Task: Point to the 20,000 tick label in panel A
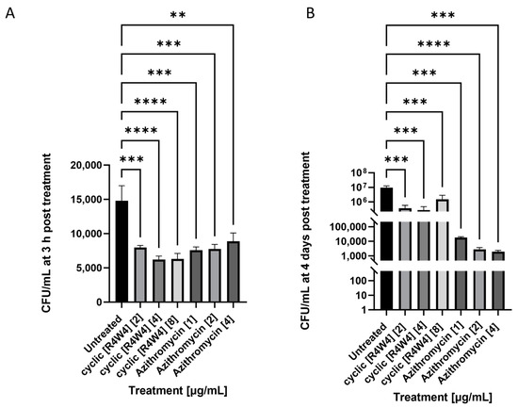point(88,165)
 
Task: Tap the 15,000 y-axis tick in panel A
point(88,200)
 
